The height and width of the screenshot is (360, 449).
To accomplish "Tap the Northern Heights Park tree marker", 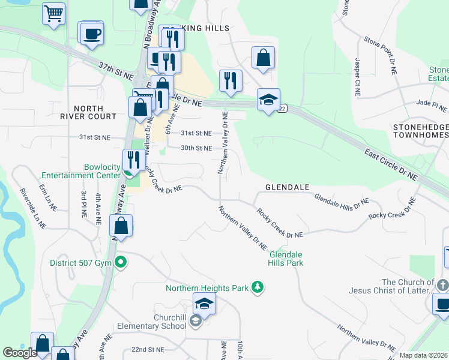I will pyautogui.click(x=258, y=288).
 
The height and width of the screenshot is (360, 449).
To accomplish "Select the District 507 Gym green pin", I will pyautogui.click(x=121, y=262).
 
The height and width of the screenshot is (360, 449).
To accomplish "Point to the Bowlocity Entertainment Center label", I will pyautogui.click(x=82, y=171).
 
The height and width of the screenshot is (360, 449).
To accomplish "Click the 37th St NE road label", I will pyautogui.click(x=116, y=71).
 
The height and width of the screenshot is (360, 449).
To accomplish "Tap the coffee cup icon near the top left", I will pyautogui.click(x=91, y=34).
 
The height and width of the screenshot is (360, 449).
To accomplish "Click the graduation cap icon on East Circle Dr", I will pyautogui.click(x=268, y=100).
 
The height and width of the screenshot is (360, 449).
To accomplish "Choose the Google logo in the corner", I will pyautogui.click(x=20, y=353).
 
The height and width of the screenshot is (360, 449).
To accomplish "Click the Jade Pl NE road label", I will pyautogui.click(x=432, y=105).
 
